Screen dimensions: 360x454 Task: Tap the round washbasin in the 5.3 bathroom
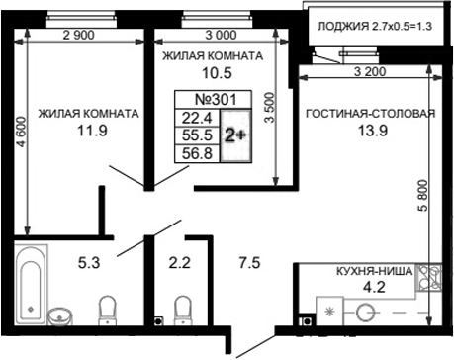[62, 315]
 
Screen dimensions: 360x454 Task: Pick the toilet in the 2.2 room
[180, 310]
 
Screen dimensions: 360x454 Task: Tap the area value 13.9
[370, 131]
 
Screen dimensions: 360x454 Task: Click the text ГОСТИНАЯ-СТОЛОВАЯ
[370, 113]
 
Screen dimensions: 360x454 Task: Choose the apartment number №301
[214, 100]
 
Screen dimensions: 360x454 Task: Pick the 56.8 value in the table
[196, 152]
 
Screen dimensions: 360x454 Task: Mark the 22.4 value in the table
[196, 118]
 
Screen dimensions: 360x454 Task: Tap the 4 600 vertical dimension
[9, 134]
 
